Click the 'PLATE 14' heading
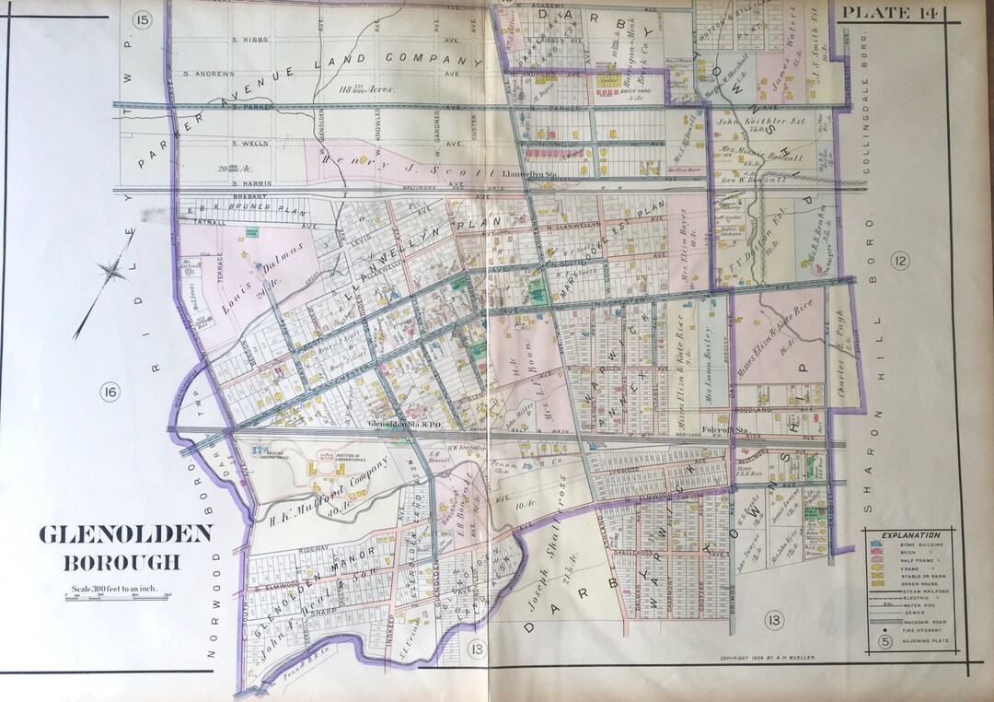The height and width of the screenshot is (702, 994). [x=890, y=12]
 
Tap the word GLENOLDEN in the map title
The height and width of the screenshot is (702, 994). [x=125, y=534]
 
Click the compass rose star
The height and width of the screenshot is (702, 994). [x=112, y=271]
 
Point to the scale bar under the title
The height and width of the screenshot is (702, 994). [x=117, y=598]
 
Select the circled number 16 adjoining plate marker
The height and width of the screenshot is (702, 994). [x=111, y=393]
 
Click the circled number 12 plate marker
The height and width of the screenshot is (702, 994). [x=899, y=262]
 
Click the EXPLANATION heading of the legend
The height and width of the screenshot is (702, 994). [x=910, y=534]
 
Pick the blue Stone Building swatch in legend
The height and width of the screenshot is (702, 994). [x=875, y=545]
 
